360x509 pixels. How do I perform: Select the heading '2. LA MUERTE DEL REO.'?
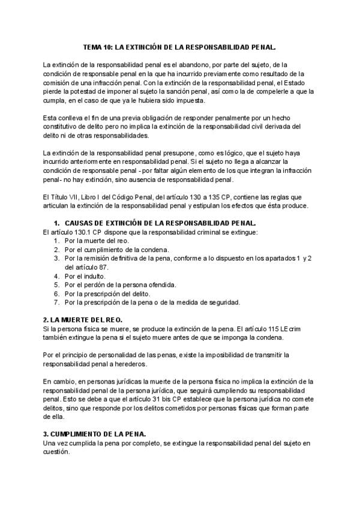coord(82,320)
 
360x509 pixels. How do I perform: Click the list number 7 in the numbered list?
coord(56,303)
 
